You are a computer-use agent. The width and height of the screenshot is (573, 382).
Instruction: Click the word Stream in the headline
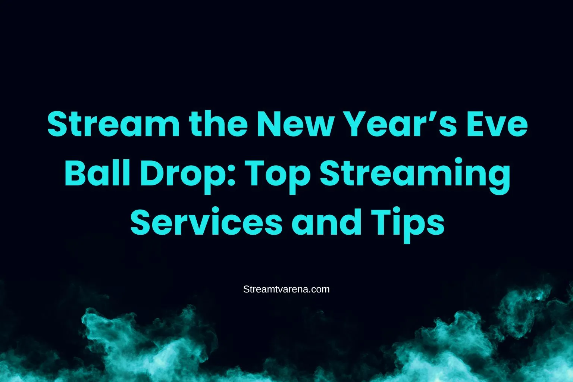[x=113, y=123]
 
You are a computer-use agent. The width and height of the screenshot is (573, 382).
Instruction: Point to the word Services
[x=206, y=222]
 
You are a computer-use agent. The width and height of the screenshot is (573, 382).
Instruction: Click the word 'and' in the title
[x=326, y=222]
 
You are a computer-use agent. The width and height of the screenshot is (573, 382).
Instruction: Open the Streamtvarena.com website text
[x=286, y=289]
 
